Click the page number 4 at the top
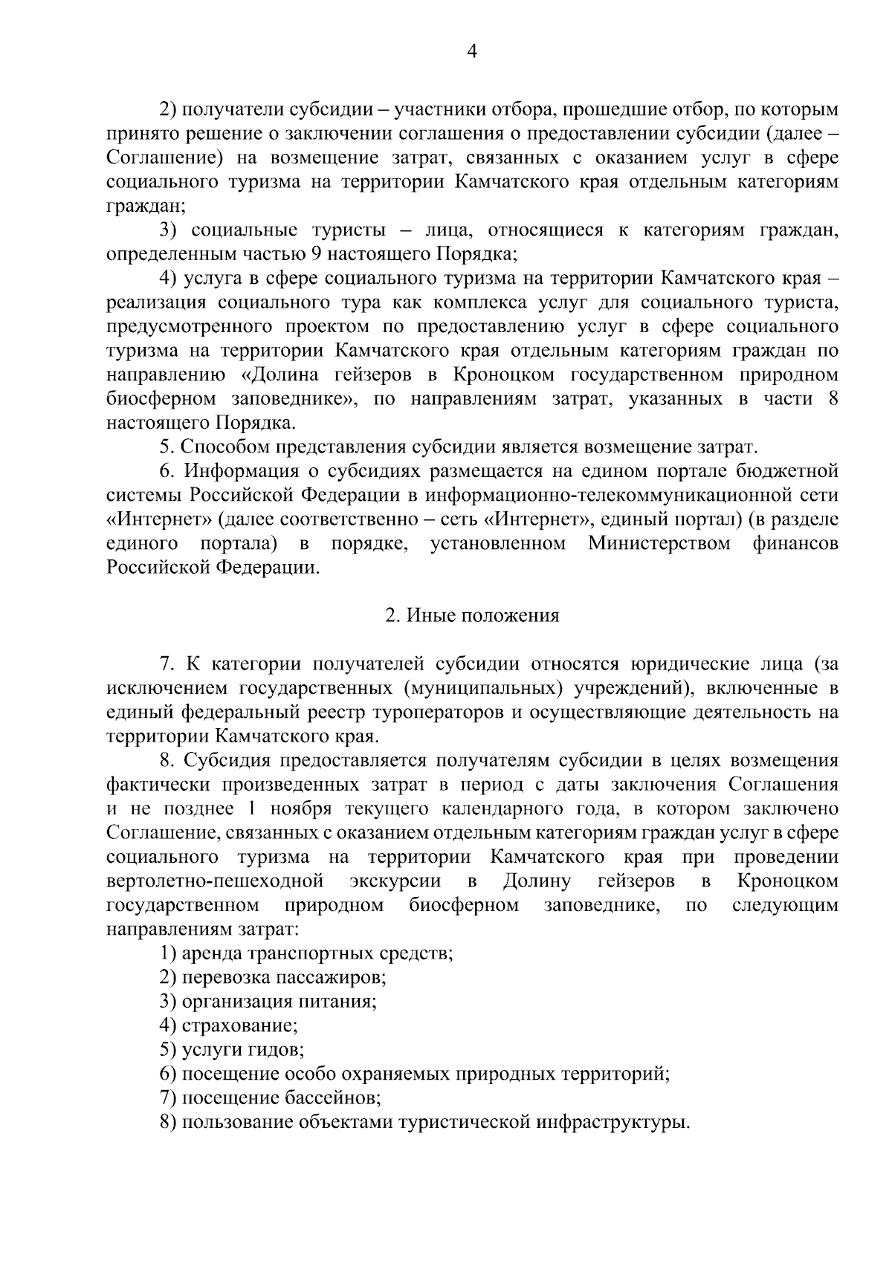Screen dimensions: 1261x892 coord(471,51)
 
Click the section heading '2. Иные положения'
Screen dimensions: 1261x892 coord(472,616)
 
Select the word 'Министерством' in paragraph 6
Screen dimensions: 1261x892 coord(659,544)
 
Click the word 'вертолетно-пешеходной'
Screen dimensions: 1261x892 coord(215,881)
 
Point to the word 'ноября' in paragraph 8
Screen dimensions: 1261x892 coord(307,809)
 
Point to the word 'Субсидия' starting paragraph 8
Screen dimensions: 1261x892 coord(227,761)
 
